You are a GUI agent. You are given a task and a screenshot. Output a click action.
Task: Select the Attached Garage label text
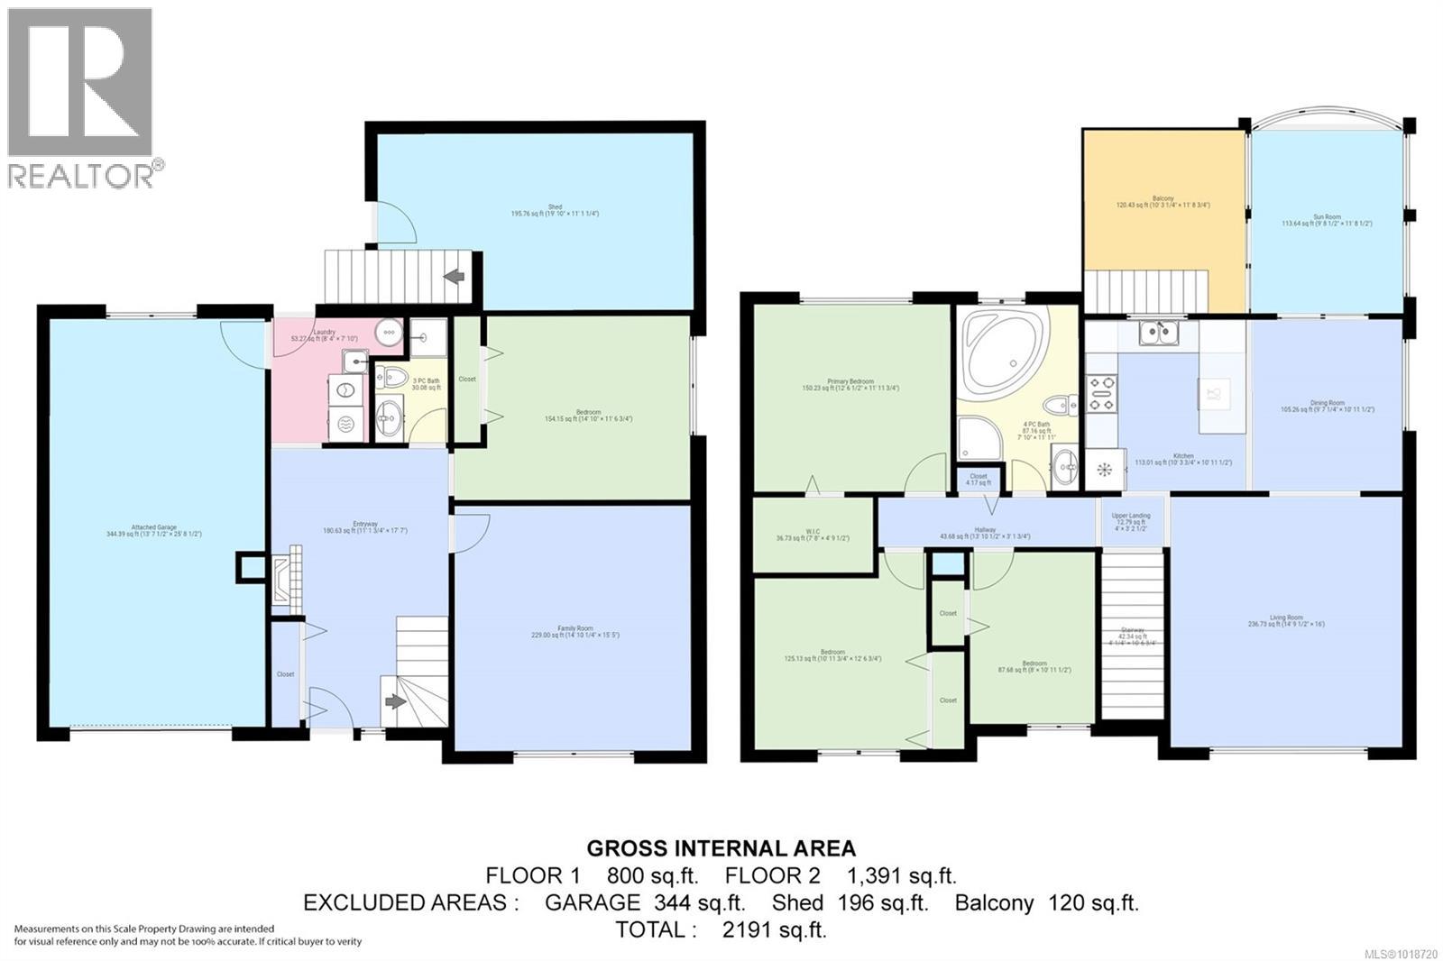tap(153, 530)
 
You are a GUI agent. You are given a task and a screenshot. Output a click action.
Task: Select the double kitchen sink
tap(1160, 334)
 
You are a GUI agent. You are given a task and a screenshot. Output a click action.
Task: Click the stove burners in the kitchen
tap(1102, 394)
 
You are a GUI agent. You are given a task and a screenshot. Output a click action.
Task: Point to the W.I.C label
tap(813, 535)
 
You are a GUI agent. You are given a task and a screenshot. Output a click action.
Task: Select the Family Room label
tap(574, 631)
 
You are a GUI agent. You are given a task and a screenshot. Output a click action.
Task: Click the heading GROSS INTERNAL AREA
tap(721, 848)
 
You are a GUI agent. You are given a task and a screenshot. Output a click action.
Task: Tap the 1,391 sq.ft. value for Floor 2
tap(901, 875)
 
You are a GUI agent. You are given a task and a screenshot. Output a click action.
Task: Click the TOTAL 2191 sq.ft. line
tap(721, 929)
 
